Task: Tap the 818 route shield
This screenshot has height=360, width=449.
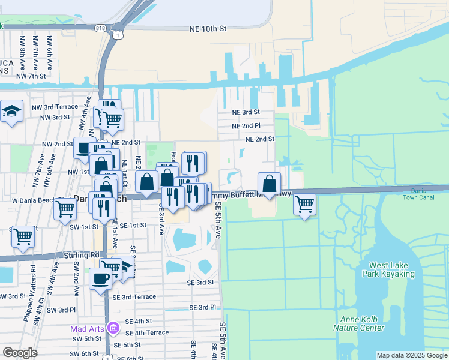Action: point(101,28)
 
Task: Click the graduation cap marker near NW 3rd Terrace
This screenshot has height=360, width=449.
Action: point(11,112)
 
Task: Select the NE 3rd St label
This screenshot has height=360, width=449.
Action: point(246,112)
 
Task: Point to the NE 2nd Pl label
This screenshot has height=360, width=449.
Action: point(246,126)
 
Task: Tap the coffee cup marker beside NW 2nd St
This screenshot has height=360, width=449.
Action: point(83,148)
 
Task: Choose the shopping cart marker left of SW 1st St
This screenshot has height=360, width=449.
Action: point(23,236)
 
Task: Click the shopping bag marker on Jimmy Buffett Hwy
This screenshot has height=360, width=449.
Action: point(269,184)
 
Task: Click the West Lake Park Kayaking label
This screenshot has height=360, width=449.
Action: point(391,269)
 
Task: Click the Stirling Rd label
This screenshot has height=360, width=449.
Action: point(81,255)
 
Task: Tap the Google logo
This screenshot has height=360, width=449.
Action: point(20,353)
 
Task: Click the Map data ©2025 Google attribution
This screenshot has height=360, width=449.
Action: point(411,355)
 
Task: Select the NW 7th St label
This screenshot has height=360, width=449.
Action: point(31,76)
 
